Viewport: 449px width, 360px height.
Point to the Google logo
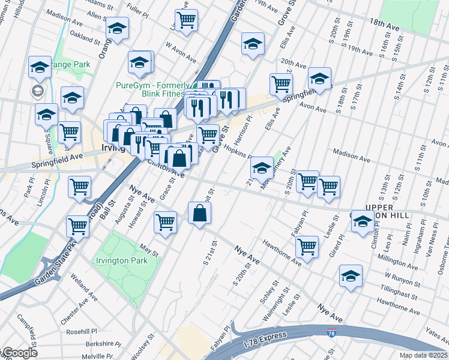click(19, 353)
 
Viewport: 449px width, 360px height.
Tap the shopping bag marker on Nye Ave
click(199, 213)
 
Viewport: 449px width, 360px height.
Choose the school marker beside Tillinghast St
click(351, 276)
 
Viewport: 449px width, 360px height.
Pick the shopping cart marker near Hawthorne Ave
click(307, 247)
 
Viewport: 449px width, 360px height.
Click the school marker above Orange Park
click(40, 67)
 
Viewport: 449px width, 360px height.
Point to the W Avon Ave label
click(181, 52)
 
